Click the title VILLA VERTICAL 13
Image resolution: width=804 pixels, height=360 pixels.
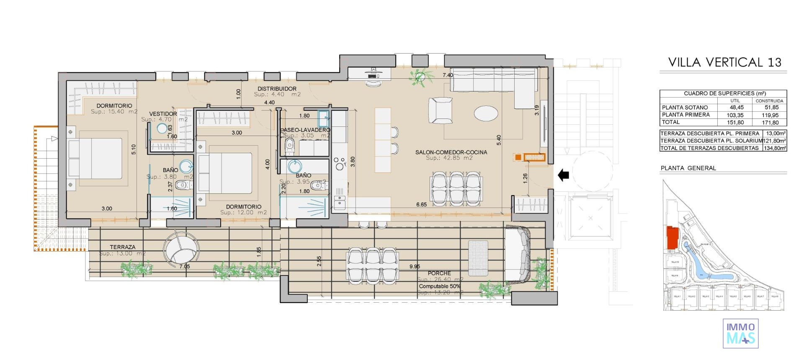(724, 62)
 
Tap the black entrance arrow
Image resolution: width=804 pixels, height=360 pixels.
(564, 175)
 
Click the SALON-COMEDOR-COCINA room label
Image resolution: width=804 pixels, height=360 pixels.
(451, 152)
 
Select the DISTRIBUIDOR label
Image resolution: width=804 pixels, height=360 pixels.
(277, 89)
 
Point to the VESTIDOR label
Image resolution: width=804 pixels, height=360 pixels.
(163, 114)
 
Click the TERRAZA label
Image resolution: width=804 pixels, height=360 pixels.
(122, 247)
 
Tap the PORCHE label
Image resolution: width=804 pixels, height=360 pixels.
(439, 273)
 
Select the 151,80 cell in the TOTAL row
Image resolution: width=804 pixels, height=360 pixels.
(735, 123)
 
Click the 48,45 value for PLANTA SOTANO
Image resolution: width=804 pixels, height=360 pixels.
(735, 108)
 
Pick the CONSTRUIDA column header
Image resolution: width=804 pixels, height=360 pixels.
(769, 101)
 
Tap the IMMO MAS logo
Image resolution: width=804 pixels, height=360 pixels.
(740, 333)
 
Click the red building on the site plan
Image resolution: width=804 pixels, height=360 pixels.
(672, 237)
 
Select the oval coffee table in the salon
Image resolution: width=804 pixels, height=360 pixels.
(486, 113)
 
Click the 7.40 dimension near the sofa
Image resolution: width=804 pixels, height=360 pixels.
(448, 75)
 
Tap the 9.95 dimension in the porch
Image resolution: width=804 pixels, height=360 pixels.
(415, 266)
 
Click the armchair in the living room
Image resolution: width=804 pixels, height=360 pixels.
(440, 111)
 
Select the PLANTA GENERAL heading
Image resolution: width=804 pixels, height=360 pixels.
(688, 168)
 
